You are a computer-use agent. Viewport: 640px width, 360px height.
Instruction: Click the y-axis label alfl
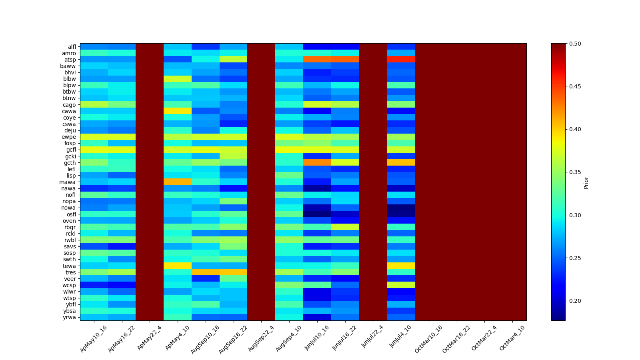(72, 47)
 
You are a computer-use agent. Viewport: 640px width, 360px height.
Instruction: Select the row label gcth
(70, 163)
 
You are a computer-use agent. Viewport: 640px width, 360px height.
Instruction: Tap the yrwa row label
(70, 317)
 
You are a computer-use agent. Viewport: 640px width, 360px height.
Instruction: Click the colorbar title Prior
(586, 182)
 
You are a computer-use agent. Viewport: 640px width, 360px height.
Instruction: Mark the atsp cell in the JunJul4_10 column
(401, 60)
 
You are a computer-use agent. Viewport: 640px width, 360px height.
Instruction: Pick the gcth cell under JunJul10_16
(317, 162)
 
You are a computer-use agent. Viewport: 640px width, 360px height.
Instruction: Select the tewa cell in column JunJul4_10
(401, 266)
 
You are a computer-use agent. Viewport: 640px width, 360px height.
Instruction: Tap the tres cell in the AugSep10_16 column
(206, 272)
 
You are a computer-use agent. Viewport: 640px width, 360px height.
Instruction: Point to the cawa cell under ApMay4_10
(178, 111)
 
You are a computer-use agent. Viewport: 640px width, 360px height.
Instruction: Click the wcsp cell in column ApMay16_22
(122, 285)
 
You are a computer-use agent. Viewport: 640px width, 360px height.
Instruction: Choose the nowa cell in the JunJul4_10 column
(401, 208)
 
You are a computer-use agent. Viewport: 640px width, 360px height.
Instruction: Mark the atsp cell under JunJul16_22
(345, 60)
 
